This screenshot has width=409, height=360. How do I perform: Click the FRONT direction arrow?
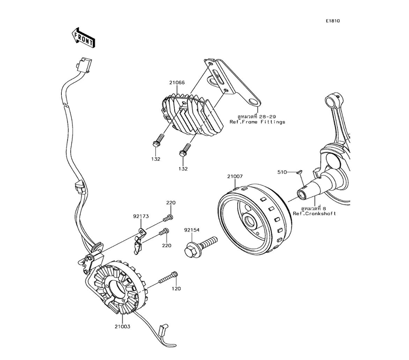84,37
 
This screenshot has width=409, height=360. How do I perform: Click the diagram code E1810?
333,21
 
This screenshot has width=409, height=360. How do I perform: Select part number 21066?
177,83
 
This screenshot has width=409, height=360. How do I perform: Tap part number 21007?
235,177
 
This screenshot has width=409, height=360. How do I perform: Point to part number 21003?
123,327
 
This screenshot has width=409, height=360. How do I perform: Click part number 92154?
191,230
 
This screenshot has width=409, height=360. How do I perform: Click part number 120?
176,288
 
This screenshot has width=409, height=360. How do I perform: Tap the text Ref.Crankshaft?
314,214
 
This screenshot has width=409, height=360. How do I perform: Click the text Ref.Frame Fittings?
257,122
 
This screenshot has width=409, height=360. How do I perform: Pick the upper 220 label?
170,203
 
